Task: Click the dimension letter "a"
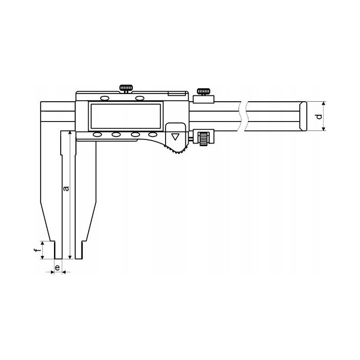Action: point(66,188)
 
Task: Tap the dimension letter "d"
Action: point(319,117)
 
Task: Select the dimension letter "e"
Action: point(58,267)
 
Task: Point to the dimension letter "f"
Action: point(36,250)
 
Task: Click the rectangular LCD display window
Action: point(126,116)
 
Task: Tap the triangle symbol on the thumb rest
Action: point(175,137)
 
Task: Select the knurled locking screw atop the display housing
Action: point(126,89)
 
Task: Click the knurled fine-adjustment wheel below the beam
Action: point(203,139)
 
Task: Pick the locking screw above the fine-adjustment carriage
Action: point(203,92)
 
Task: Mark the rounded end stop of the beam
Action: point(303,116)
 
